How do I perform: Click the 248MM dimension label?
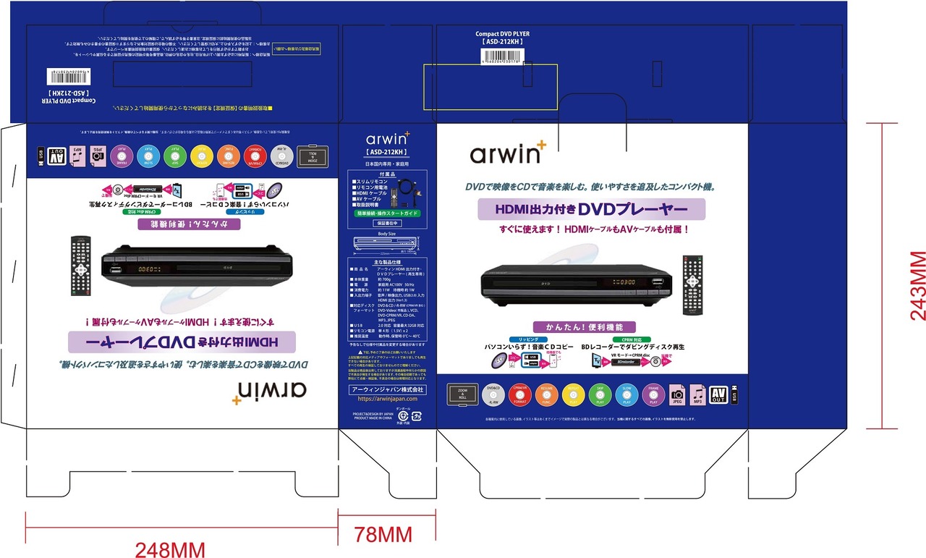[170, 549]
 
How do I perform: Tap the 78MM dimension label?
[383, 536]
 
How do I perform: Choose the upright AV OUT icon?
[718, 394]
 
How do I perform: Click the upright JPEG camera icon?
[678, 394]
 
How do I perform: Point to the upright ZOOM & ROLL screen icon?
[462, 393]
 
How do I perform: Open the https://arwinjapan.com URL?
[388, 399]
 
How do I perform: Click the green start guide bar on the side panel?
[387, 214]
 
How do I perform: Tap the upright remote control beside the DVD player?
[693, 285]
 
